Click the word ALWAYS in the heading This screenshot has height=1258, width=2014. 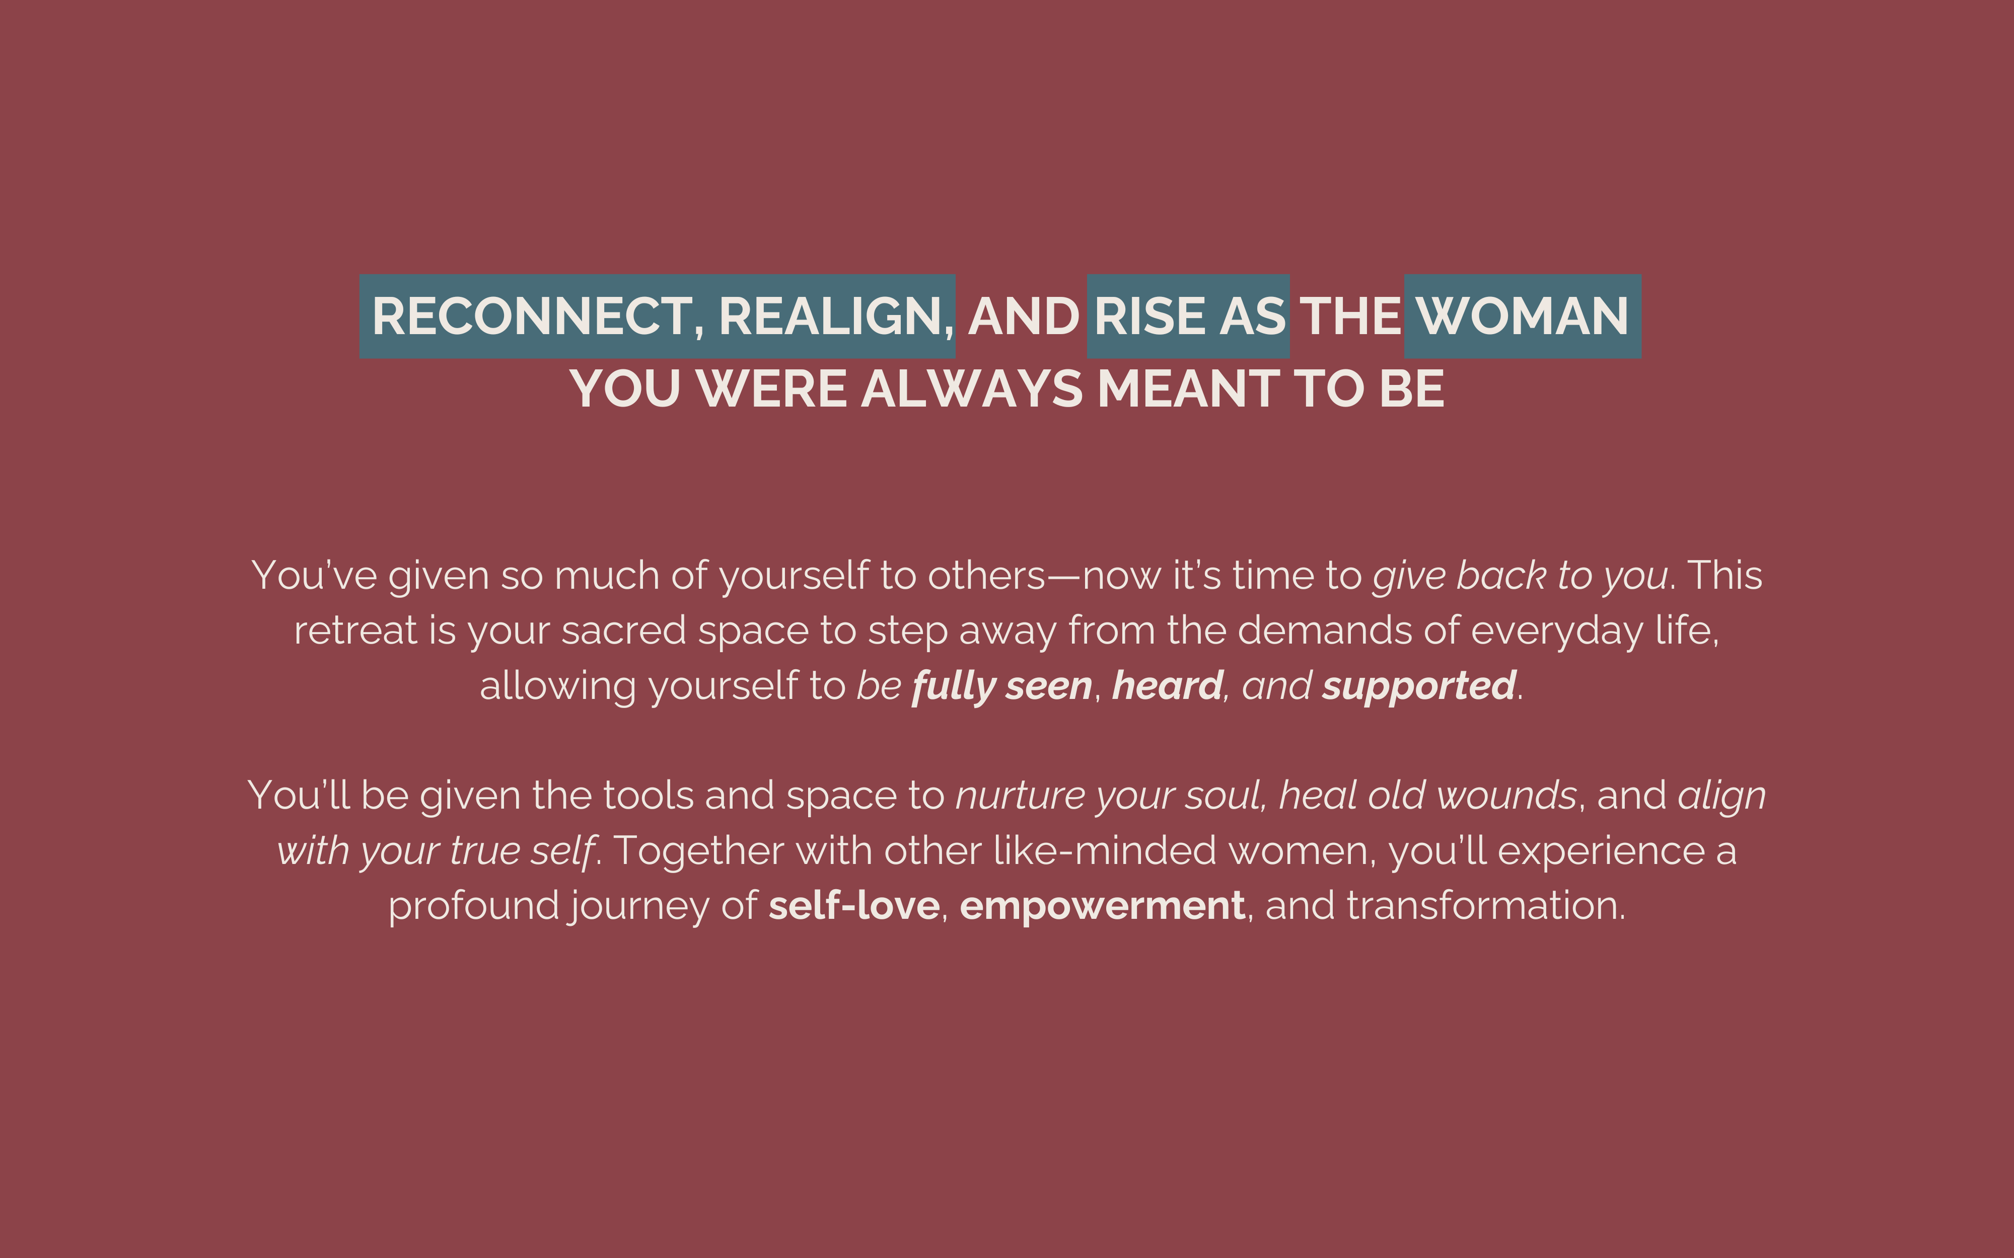[x=972, y=388]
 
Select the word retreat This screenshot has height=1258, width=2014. [x=355, y=631]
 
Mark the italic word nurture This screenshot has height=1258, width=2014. [x=1020, y=796]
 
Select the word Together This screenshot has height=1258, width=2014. [x=699, y=850]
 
